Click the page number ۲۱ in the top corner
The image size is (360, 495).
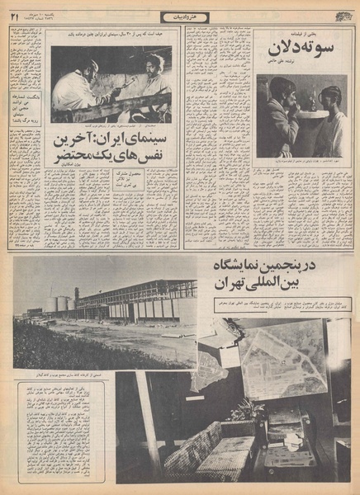[x=14, y=15]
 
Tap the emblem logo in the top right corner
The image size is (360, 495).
[x=341, y=14]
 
